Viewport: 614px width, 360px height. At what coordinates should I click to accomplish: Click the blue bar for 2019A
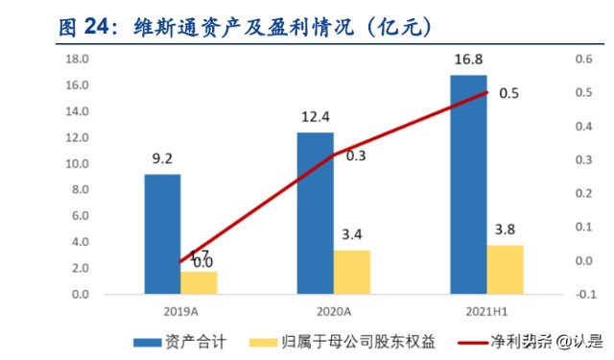click(162, 233)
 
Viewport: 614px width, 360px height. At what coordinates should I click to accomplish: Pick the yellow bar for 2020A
click(351, 272)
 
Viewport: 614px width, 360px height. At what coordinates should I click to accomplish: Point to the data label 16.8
click(469, 61)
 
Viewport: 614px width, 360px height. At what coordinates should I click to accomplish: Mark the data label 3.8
click(505, 231)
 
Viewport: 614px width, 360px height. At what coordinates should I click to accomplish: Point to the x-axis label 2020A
click(334, 311)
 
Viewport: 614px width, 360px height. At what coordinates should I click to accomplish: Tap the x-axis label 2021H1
click(486, 311)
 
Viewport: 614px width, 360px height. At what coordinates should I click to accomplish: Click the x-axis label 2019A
click(180, 311)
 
